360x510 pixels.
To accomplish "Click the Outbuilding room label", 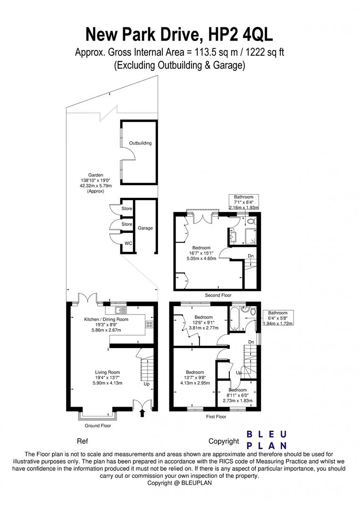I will pyautogui.click(x=141, y=143).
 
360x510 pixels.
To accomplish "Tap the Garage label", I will pyautogui.click(x=145, y=228).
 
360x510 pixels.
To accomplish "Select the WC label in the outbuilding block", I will pyautogui.click(x=128, y=244).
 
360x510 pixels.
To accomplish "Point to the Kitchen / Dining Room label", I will pyautogui.click(x=106, y=319).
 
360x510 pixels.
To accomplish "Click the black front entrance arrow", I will pyautogui.click(x=143, y=413).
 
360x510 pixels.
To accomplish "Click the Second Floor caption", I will pyautogui.click(x=218, y=295).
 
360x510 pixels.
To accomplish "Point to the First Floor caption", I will pyautogui.click(x=215, y=417).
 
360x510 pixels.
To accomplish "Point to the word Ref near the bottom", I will pyautogui.click(x=82, y=441).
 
